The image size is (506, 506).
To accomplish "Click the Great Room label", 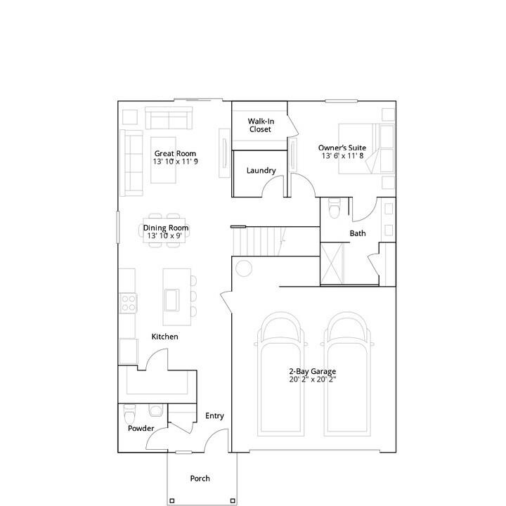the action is click(x=175, y=154).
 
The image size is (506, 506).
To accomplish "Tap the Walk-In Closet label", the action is click(x=261, y=125).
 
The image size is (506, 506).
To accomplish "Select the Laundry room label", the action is click(x=261, y=171).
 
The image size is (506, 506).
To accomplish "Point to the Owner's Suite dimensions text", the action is click(x=342, y=156).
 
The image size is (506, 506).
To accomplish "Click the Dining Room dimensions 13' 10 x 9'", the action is click(x=164, y=236).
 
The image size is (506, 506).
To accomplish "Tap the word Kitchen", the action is click(x=165, y=337).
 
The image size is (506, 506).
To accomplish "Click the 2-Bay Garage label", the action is click(x=312, y=372).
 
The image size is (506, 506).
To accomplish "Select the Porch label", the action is click(x=200, y=479).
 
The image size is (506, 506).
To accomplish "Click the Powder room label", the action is click(x=141, y=428).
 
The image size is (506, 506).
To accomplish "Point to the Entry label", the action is click(x=214, y=416).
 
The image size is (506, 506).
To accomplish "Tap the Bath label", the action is click(x=358, y=233).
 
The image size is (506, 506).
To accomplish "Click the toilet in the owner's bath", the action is click(x=334, y=208).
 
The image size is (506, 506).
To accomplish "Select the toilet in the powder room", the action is click(x=130, y=414).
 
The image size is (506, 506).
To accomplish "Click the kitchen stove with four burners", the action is click(x=129, y=303).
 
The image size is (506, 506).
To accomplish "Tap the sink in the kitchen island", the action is click(x=171, y=300).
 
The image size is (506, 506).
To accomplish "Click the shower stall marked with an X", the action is click(x=332, y=264).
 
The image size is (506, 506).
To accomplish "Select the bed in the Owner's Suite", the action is click(x=366, y=149).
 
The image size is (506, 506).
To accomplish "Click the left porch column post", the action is click(x=172, y=501).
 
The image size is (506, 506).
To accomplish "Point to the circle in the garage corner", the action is click(x=244, y=268).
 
